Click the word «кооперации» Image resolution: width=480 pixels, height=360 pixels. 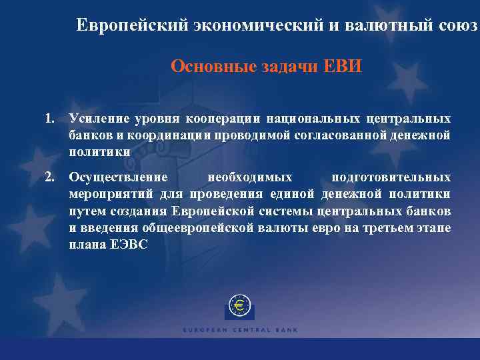tap(229, 119)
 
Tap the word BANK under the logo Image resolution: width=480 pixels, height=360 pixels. tap(286, 330)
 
